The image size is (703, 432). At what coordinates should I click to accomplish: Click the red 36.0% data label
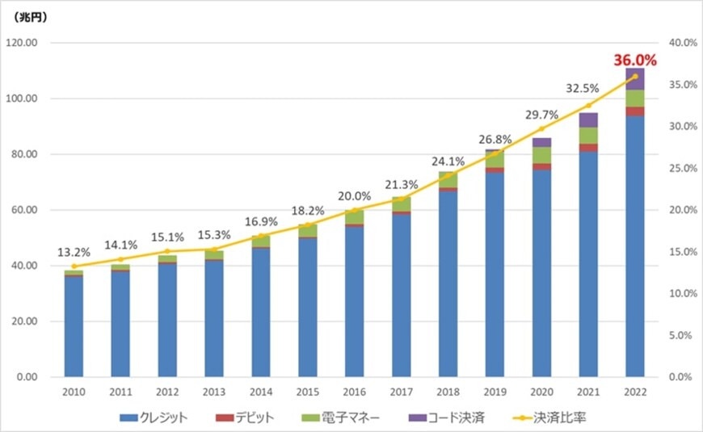pyautogui.click(x=635, y=60)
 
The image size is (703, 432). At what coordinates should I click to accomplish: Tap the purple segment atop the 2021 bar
pyautogui.click(x=588, y=120)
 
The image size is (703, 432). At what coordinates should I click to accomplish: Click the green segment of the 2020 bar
pyautogui.click(x=541, y=155)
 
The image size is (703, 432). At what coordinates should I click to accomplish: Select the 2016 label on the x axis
pyautogui.click(x=355, y=391)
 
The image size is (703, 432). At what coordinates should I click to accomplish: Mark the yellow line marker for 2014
pyautogui.click(x=261, y=236)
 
